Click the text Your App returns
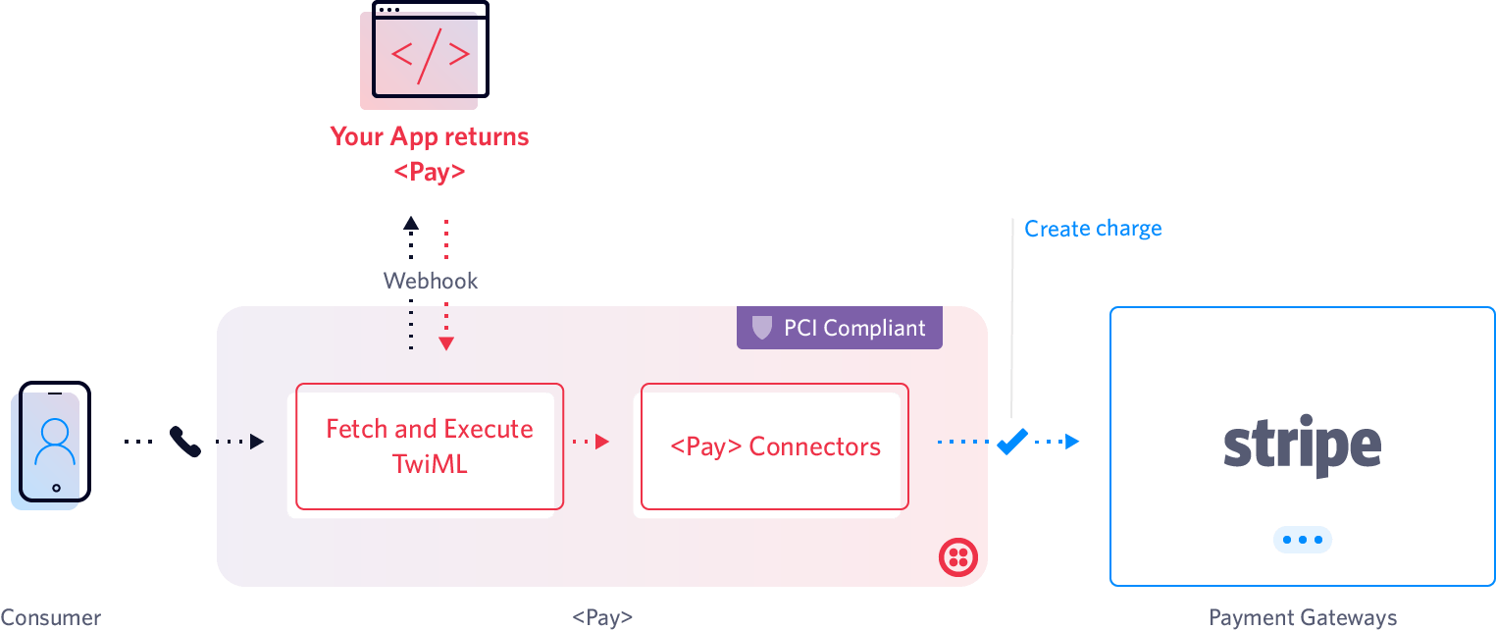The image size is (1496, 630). [430, 136]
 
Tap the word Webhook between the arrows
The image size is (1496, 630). [431, 282]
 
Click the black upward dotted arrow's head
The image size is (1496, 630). [411, 223]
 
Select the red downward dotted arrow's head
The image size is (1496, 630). [446, 342]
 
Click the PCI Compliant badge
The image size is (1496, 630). [840, 328]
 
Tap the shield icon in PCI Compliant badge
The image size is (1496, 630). [761, 328]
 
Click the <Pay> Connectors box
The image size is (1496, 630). [769, 449]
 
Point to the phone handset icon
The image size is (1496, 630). [184, 442]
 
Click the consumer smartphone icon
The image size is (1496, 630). [53, 445]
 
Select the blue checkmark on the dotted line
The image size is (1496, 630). [1010, 442]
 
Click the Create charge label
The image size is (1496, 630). [1092, 229]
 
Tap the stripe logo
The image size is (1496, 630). [1302, 446]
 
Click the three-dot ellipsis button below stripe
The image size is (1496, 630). [1302, 540]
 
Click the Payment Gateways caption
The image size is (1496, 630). [1302, 618]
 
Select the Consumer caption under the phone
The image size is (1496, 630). [51, 619]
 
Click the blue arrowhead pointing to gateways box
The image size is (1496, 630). [1072, 442]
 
